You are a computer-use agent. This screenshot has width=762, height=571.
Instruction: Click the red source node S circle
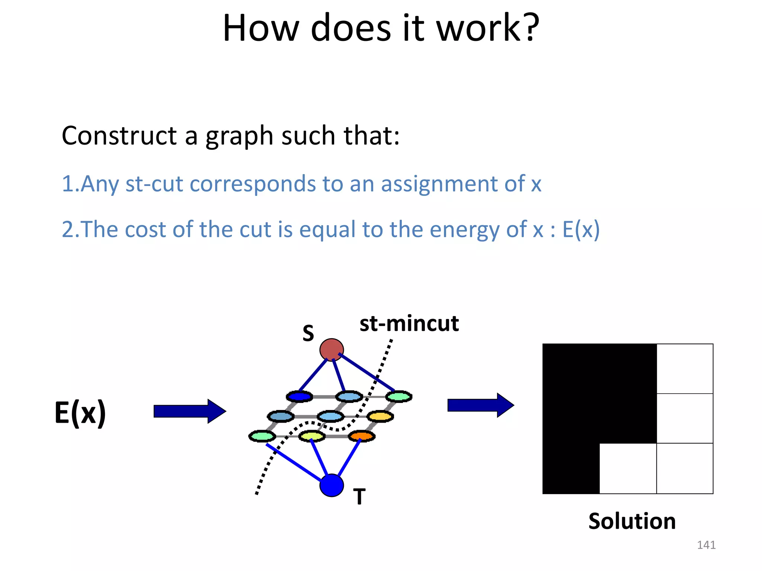[332, 350]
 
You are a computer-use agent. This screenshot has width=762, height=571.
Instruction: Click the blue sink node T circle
[332, 485]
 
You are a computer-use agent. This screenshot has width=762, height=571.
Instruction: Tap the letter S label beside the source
[308, 333]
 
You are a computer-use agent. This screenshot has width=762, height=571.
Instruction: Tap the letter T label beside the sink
[359, 497]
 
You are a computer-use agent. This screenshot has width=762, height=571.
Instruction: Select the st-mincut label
[409, 323]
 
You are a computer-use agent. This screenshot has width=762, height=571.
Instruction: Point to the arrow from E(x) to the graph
[190, 411]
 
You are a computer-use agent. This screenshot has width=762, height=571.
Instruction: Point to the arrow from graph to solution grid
[480, 405]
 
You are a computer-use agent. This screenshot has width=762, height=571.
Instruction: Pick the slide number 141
[706, 545]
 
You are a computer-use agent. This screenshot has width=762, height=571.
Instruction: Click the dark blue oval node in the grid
[300, 397]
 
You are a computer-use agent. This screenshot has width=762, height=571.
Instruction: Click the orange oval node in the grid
[362, 436]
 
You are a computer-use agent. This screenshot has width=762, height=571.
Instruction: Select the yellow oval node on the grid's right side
[380, 416]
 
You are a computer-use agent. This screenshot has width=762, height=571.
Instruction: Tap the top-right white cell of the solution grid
[685, 369]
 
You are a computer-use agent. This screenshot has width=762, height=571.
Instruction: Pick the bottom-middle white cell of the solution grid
[628, 468]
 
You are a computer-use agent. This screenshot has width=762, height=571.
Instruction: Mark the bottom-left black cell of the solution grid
[571, 468]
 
